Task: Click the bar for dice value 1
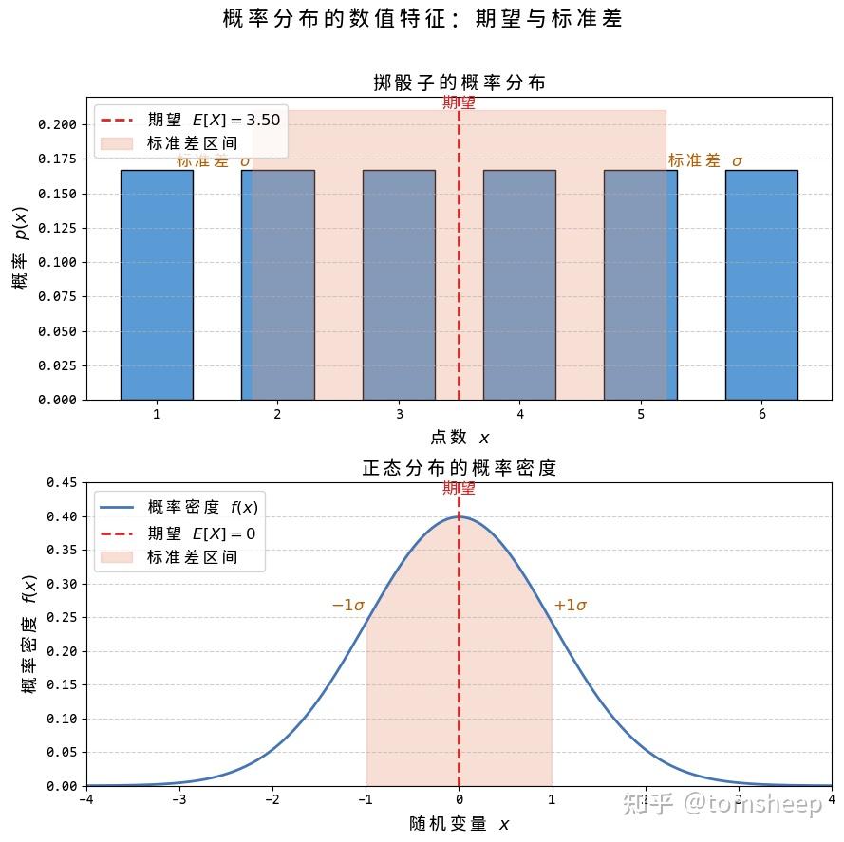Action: click(157, 285)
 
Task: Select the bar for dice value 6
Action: click(761, 285)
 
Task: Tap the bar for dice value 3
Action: click(399, 285)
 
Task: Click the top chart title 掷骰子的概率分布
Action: click(460, 84)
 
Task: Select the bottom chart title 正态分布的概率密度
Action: click(460, 468)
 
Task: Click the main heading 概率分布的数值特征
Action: click(422, 19)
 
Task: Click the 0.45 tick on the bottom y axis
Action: click(63, 482)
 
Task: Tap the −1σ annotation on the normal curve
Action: click(348, 606)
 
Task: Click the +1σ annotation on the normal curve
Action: click(571, 606)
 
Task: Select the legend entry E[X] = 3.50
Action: click(214, 120)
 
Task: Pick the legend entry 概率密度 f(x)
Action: click(202, 508)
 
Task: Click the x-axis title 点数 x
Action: click(460, 438)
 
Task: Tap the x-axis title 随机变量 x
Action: click(460, 824)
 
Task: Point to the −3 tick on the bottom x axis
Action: click(179, 798)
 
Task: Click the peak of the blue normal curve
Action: click(460, 516)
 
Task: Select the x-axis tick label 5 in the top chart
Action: click(641, 414)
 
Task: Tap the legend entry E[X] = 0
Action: click(201, 533)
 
